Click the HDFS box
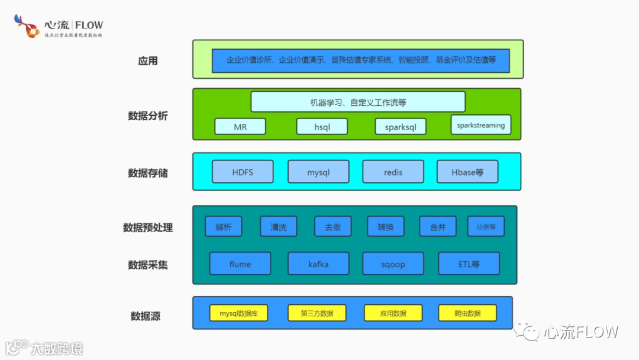click(x=243, y=172)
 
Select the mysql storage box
click(x=318, y=172)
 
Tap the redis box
click(x=393, y=172)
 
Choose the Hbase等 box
click(x=467, y=172)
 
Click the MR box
click(x=240, y=127)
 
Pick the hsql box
click(x=322, y=127)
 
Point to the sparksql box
click(x=401, y=127)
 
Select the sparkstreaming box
click(x=480, y=125)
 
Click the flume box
click(x=240, y=263)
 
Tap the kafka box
click(x=318, y=263)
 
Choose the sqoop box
click(x=393, y=263)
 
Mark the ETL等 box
click(x=469, y=263)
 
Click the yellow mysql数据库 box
click(x=239, y=313)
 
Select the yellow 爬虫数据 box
click(x=467, y=313)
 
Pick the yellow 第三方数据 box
click(x=317, y=313)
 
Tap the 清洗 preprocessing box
click(x=278, y=226)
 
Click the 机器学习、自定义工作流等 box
click(x=358, y=102)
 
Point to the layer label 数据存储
click(x=148, y=173)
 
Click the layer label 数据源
click(x=146, y=316)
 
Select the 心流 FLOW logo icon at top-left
click(x=27, y=26)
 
